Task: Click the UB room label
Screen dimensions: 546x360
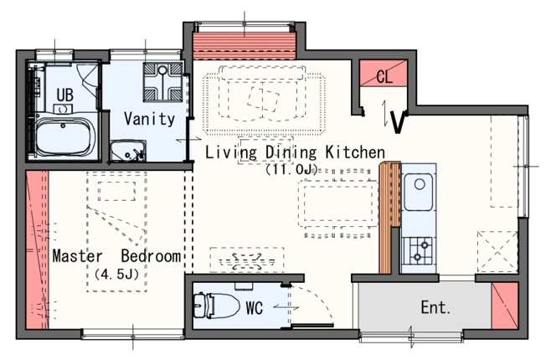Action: point(65,95)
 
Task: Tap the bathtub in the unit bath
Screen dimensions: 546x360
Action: point(65,136)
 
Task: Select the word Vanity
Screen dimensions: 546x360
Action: point(149,119)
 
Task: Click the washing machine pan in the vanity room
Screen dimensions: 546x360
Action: point(162,82)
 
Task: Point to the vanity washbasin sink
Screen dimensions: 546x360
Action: point(128,151)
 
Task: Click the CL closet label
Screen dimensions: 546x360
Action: point(384,76)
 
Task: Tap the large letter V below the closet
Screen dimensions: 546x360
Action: point(399,122)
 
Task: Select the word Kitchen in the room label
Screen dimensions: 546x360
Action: point(355,152)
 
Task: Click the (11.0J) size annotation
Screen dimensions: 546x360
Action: point(291,170)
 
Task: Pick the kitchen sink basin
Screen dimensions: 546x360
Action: point(418,192)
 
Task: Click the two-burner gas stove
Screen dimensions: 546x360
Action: point(418,251)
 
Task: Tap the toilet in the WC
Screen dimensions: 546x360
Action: point(216,306)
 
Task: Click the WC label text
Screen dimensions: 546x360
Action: point(255,308)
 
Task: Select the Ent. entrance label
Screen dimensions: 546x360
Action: point(435,307)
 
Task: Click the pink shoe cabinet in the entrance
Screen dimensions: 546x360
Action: point(505,306)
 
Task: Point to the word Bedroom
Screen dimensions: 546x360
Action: point(151,256)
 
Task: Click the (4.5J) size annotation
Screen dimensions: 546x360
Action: point(116,275)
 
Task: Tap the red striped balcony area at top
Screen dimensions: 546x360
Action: point(245,45)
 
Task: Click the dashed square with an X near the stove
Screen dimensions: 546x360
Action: point(497,251)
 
